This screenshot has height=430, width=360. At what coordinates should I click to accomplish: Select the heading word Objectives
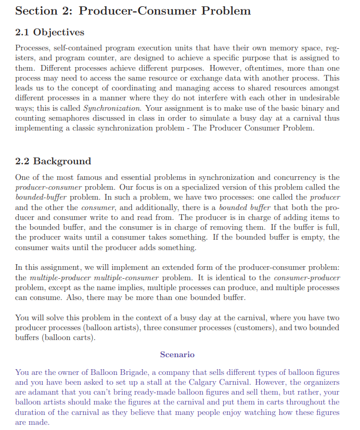pos(58,33)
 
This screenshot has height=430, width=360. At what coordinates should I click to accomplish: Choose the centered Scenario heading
pos(177,355)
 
